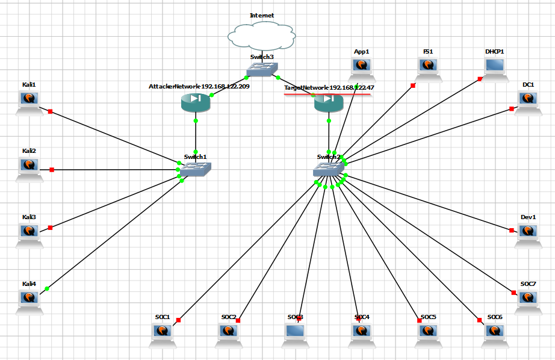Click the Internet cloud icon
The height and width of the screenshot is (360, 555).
(261, 36)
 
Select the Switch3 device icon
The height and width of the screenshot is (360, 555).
(261, 69)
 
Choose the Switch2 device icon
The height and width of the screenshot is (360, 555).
(328, 169)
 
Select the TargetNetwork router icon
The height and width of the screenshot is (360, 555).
(328, 103)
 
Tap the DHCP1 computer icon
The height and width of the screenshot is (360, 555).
(495, 69)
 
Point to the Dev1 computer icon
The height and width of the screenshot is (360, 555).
(529, 234)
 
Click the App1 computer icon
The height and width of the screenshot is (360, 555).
(362, 68)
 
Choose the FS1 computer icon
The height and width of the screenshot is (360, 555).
(428, 68)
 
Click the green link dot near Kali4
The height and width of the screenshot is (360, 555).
(47, 289)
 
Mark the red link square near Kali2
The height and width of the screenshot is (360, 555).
(52, 170)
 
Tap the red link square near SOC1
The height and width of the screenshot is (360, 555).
(179, 320)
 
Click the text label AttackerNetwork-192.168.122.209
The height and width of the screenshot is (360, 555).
(199, 87)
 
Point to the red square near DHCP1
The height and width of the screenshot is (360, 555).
(480, 78)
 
